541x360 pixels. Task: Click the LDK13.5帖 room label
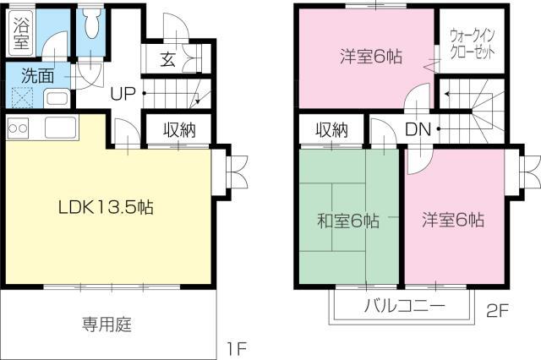pyautogui.click(x=106, y=207)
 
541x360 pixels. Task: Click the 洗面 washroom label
pyautogui.click(x=37, y=76)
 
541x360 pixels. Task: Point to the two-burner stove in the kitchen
pyautogui.click(x=18, y=128)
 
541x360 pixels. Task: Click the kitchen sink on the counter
pyautogui.click(x=61, y=128)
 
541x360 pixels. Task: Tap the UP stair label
pyautogui.click(x=123, y=93)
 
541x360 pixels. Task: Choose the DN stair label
pyautogui.click(x=418, y=129)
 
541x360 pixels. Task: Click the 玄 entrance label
pyautogui.click(x=168, y=59)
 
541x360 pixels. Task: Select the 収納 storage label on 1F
pyautogui.click(x=179, y=130)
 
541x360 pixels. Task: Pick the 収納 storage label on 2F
pyautogui.click(x=331, y=130)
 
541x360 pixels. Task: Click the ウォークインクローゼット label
pyautogui.click(x=473, y=44)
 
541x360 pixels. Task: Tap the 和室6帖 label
pyautogui.click(x=348, y=221)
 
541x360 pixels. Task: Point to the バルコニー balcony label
pyautogui.click(x=405, y=306)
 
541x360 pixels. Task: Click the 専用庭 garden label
pyautogui.click(x=107, y=325)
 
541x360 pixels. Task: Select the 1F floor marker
pyautogui.click(x=237, y=349)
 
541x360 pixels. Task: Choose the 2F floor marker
pyautogui.click(x=498, y=311)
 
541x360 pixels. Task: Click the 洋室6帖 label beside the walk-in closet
pyautogui.click(x=371, y=57)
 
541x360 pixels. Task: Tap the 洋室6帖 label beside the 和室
pyautogui.click(x=453, y=220)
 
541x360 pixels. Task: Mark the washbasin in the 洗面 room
pyautogui.click(x=57, y=98)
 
